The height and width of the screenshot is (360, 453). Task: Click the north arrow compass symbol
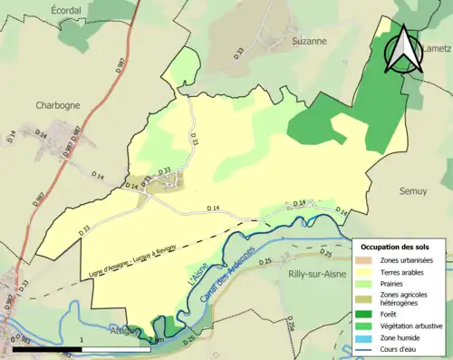[405, 50]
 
